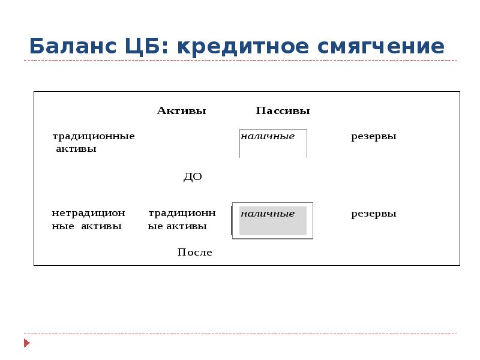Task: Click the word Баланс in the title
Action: click(70, 46)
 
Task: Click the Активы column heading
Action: click(181, 111)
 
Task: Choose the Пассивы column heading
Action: click(283, 111)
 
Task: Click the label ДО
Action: click(192, 177)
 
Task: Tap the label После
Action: click(194, 253)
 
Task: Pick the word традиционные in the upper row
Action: click(93, 137)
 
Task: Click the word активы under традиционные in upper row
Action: click(76, 149)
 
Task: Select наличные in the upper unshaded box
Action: click(268, 136)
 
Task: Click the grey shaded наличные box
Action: click(272, 221)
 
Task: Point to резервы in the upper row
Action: click(373, 137)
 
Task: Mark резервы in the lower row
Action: click(373, 214)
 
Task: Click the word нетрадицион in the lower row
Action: click(88, 213)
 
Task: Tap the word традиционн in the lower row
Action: click(182, 213)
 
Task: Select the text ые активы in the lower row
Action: click(177, 226)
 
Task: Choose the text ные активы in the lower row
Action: click(86, 226)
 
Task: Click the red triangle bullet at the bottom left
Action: click(26, 343)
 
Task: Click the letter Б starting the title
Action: click(37, 46)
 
